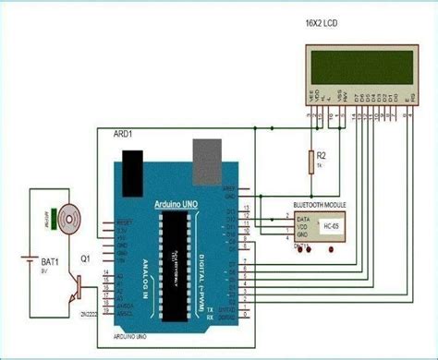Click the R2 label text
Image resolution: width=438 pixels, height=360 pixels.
click(x=322, y=158)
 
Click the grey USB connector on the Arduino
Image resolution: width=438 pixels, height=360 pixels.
click(x=205, y=157)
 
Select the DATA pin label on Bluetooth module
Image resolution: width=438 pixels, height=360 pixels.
click(x=301, y=218)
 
